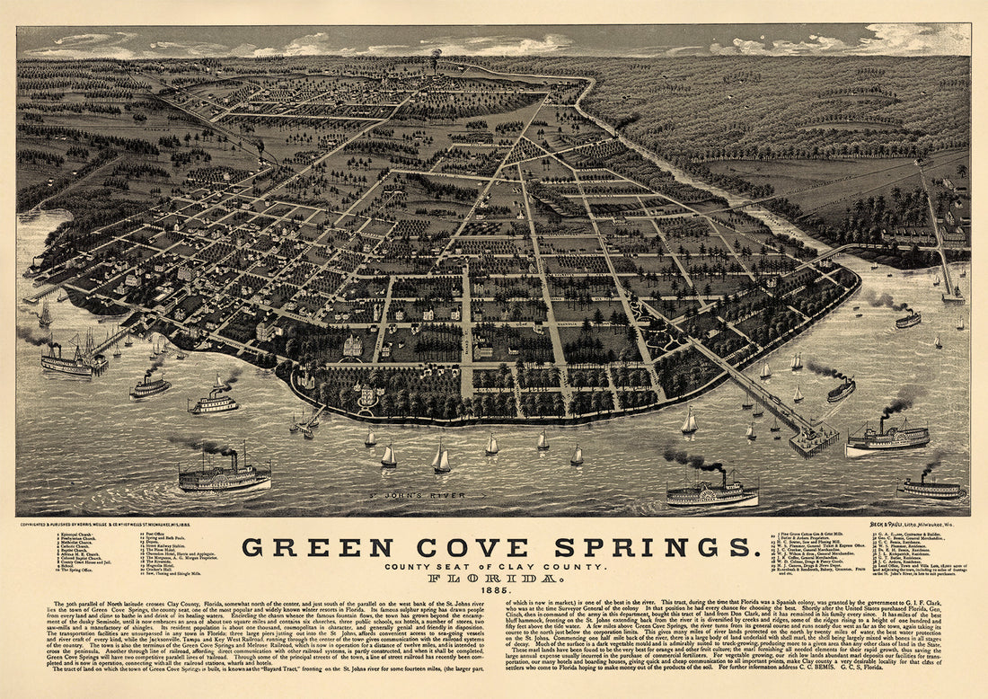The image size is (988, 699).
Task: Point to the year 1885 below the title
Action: click(x=494, y=589)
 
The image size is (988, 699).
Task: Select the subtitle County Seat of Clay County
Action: click(x=494, y=566)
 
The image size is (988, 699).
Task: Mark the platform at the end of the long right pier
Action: click(x=813, y=440)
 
